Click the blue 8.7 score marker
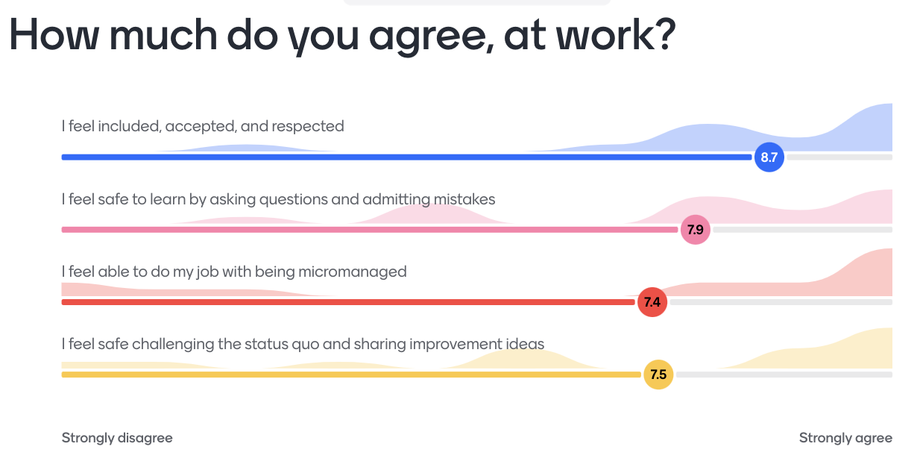[x=769, y=157]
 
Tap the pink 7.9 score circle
[x=696, y=230]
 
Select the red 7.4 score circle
[x=652, y=302]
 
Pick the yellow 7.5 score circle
[x=658, y=375]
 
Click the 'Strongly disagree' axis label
[x=117, y=438]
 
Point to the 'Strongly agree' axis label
[x=845, y=438]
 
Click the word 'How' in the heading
[x=54, y=34]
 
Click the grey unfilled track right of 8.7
[x=839, y=157]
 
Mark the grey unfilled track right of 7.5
[x=784, y=375]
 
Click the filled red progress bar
[x=348, y=302]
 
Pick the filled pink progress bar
[x=370, y=230]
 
